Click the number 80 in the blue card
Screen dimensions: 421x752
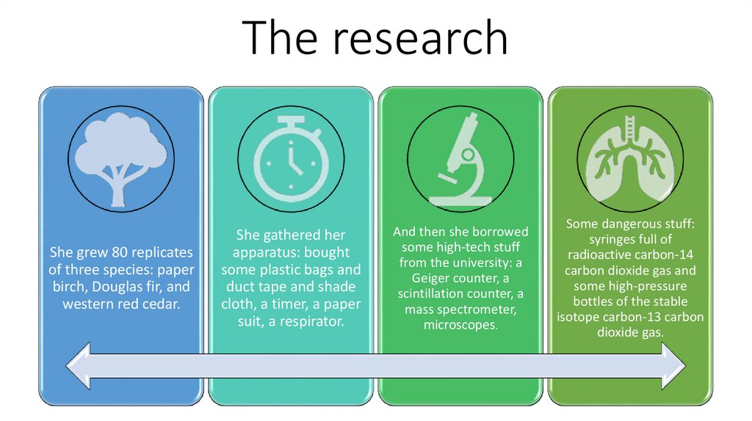click(120, 252)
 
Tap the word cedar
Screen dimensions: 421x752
click(159, 304)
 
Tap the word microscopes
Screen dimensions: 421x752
click(460, 325)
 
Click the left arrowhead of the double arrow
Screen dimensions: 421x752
click(80, 365)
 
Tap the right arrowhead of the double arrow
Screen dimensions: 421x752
click(672, 365)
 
